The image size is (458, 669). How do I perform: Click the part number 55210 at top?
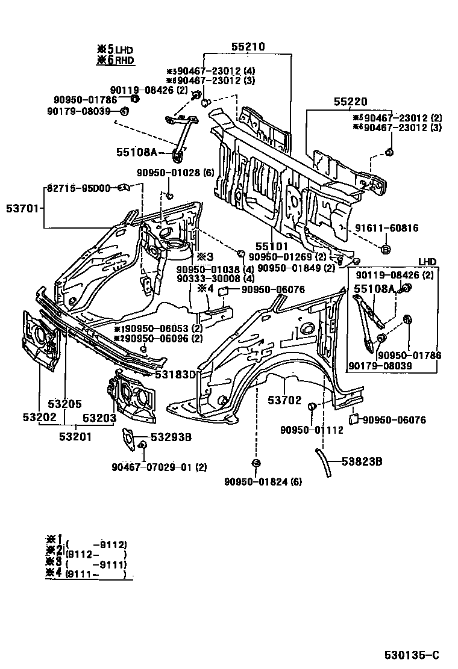point(248,46)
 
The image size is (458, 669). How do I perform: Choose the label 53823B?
point(362,461)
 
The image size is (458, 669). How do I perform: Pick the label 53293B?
point(171,437)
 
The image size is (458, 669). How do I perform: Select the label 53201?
point(75,437)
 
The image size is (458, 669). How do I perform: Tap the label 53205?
point(65,404)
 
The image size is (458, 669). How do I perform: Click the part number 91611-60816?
point(386,228)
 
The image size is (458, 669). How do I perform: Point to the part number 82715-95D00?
point(77,188)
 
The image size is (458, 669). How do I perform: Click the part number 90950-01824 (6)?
point(263,481)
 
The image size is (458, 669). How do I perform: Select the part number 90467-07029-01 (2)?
point(159,467)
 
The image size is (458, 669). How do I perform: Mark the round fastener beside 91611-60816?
point(386,248)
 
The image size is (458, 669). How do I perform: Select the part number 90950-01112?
point(312,430)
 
